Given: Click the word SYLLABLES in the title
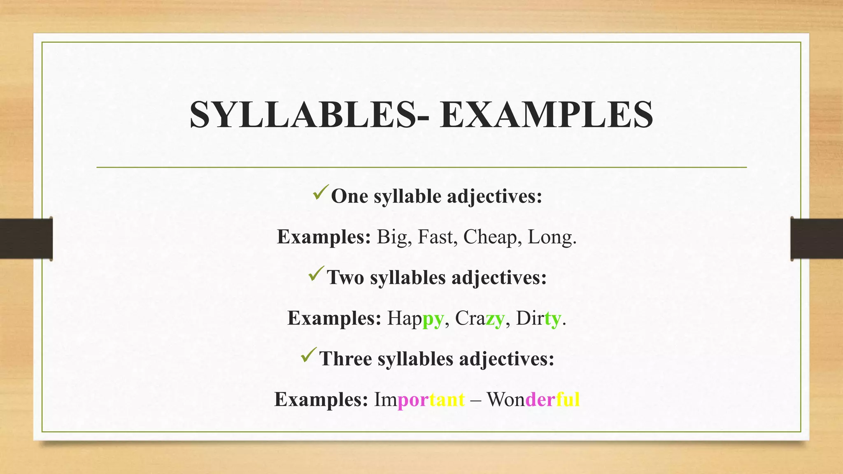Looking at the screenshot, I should click(x=303, y=115).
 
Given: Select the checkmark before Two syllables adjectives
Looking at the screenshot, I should click(x=317, y=274).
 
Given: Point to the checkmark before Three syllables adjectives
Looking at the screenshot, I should click(x=309, y=355).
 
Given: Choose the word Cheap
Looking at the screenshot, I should click(x=490, y=238).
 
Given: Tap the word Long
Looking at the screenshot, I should click(x=552, y=238).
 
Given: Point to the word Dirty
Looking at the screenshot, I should click(x=538, y=318).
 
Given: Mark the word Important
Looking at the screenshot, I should click(x=419, y=400).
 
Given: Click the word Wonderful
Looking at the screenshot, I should click(x=533, y=400).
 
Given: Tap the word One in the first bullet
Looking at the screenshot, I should click(x=349, y=196).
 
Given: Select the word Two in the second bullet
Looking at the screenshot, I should click(x=345, y=277).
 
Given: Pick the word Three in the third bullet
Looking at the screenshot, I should click(x=346, y=358).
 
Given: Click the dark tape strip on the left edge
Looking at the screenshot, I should click(x=26, y=239).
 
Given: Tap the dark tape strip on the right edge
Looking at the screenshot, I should click(x=817, y=239).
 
